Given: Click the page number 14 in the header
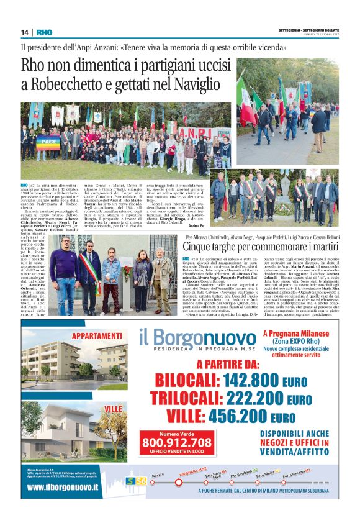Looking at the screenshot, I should [x=25, y=32].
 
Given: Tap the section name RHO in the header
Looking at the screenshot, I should [x=44, y=32].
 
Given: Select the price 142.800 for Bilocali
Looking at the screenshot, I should [x=229, y=380].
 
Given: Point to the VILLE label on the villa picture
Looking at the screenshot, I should [x=113, y=408].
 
